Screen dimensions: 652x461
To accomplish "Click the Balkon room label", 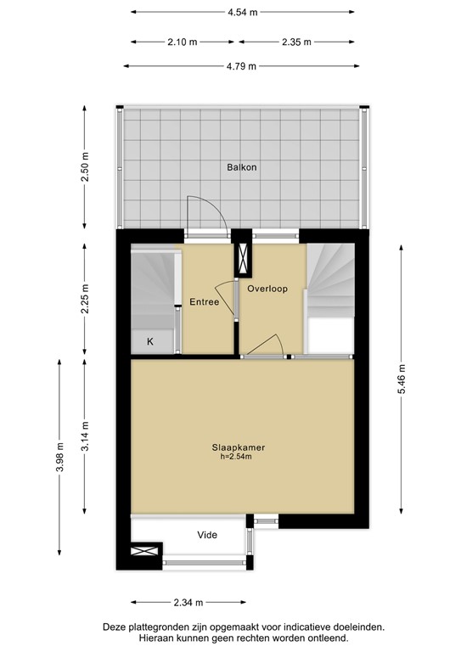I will [241, 167].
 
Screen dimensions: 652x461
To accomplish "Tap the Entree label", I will [204, 301].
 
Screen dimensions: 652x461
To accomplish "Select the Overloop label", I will [267, 289].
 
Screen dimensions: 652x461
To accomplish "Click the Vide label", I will [206, 535].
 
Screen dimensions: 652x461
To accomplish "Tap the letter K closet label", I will [150, 341].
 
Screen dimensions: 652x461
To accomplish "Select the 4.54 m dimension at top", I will [242, 13].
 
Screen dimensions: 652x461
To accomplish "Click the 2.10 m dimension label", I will [183, 42].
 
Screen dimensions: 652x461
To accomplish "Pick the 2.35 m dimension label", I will [295, 42].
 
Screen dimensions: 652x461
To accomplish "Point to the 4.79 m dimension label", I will [242, 66].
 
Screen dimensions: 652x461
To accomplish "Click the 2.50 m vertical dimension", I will [84, 167].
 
